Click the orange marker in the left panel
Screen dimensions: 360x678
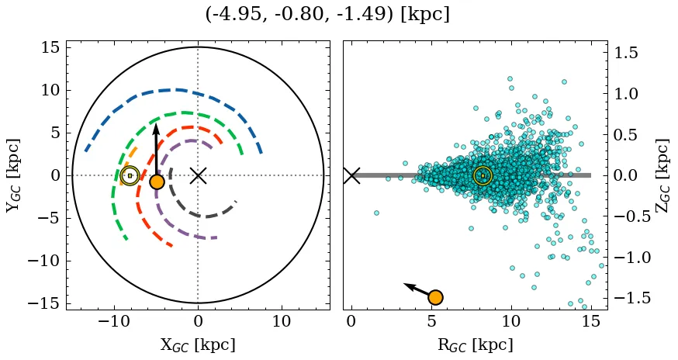157,182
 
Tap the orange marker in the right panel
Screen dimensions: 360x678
435,297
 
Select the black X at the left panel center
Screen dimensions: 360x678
198,175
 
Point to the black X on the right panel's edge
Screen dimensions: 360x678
351,175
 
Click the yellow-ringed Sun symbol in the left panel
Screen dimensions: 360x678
130,176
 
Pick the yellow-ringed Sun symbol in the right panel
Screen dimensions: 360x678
483,176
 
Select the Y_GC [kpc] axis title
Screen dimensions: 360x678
13,175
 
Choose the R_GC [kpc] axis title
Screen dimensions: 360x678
475,344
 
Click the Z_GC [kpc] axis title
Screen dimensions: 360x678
662,175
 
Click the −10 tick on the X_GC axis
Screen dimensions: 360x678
114,320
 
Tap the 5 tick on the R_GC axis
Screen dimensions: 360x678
431,320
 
